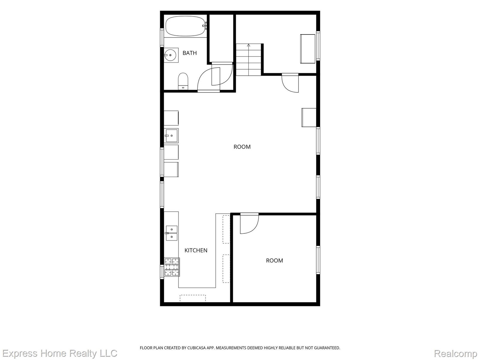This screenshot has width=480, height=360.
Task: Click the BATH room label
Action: [x=190, y=53]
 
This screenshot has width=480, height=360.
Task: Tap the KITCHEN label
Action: [x=196, y=250]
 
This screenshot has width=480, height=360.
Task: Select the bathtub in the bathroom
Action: [x=185, y=26]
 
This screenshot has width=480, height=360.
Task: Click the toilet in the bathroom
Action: [x=183, y=81]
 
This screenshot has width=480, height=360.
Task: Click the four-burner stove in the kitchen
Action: [x=172, y=267]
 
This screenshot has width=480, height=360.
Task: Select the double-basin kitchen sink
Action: [x=171, y=233]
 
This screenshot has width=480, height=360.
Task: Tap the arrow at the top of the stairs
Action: [x=248, y=45]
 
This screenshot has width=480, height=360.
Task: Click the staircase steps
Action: [x=248, y=60]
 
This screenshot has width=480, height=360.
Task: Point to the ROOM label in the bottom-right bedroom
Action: [x=274, y=260]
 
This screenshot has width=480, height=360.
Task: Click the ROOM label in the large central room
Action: [x=242, y=147]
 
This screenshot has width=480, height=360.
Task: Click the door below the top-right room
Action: [x=290, y=83]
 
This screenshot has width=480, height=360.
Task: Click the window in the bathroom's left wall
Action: [x=162, y=37]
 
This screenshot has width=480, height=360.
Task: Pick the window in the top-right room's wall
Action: [x=318, y=46]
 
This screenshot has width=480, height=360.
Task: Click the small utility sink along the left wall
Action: [x=171, y=136]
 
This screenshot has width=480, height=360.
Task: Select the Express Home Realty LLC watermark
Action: [x=60, y=353]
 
